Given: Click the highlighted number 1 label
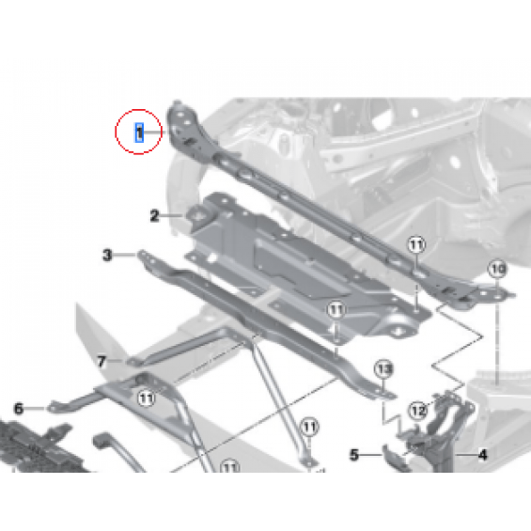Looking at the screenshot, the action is [x=139, y=133].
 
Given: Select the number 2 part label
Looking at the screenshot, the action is [x=154, y=216].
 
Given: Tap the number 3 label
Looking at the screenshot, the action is [x=107, y=255].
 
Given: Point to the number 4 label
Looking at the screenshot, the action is [x=483, y=455].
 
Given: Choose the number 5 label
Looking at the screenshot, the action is [x=354, y=455].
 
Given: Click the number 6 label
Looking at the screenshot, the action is [x=19, y=409].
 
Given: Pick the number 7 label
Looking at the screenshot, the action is [x=102, y=361].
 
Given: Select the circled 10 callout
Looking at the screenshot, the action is [x=497, y=269].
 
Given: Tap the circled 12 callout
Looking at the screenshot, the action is [x=418, y=411].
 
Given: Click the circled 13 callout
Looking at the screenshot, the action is [x=383, y=368].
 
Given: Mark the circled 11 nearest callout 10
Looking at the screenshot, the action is [x=416, y=244].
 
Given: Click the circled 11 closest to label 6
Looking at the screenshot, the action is [x=147, y=398].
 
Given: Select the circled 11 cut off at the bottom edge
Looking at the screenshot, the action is [x=230, y=467].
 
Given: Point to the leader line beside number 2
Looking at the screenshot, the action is [x=172, y=215].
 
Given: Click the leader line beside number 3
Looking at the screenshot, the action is [x=125, y=255].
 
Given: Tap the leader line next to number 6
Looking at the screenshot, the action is [x=35, y=409].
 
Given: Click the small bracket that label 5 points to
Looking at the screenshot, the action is [x=395, y=458].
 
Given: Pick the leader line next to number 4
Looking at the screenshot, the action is [x=466, y=455].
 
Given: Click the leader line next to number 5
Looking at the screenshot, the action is [x=371, y=455].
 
